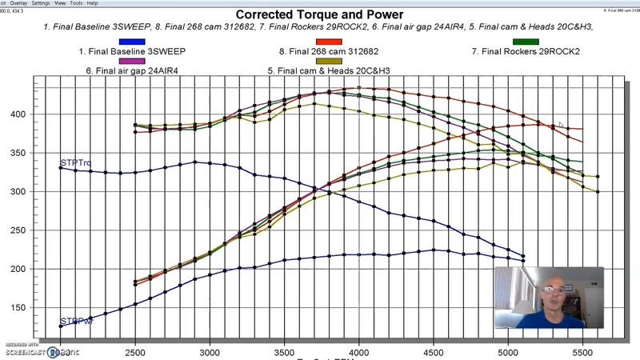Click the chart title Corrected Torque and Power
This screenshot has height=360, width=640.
pos(318,15)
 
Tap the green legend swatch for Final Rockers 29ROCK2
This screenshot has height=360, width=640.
pos(525,42)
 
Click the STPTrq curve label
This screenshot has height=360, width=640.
pos(75,163)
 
